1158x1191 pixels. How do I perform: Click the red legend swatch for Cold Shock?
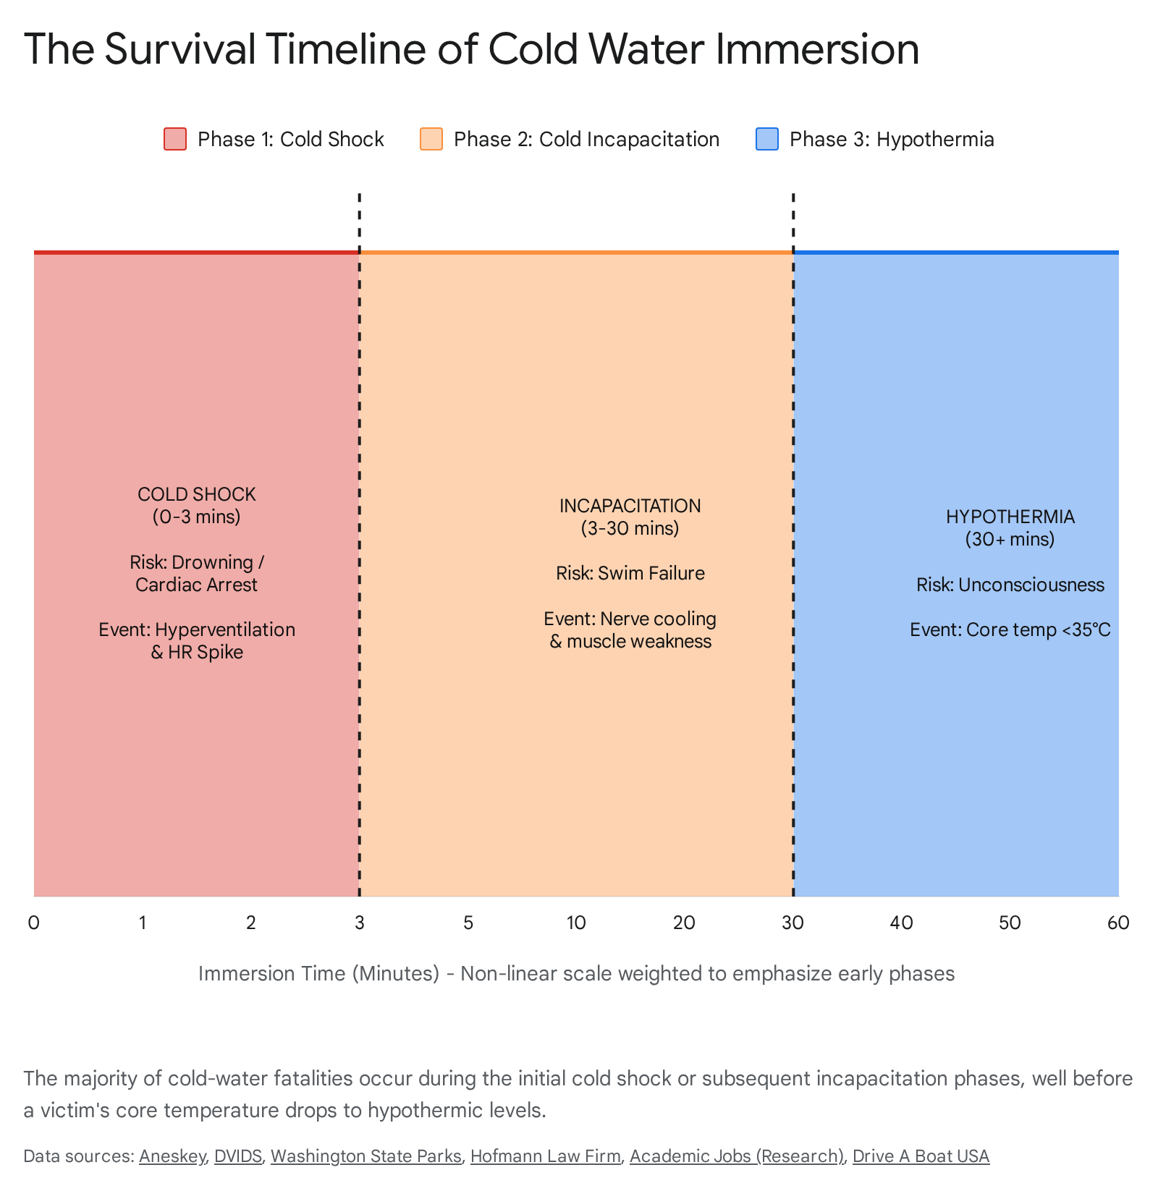[175, 139]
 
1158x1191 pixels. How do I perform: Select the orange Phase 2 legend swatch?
[431, 139]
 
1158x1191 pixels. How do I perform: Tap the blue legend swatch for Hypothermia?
[767, 139]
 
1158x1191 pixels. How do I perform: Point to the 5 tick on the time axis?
[468, 923]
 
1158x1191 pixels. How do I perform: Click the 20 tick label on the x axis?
[685, 923]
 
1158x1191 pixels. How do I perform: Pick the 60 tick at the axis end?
[1118, 923]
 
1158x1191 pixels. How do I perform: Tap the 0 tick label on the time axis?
[34, 923]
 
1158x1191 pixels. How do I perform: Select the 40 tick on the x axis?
[902, 923]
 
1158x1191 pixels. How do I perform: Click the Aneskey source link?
[172, 1156]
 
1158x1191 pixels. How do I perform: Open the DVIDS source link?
[238, 1156]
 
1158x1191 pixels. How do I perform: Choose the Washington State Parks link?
[366, 1156]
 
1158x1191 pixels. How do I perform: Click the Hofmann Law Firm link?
[546, 1156]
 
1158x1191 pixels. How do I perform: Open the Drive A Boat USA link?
[921, 1156]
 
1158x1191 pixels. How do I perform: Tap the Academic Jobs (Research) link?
[737, 1156]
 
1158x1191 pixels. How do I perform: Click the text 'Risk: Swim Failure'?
[630, 574]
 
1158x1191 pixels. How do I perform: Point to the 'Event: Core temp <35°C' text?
[1010, 630]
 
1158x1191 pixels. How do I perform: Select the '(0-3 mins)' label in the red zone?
[197, 517]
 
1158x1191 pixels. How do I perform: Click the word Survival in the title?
[180, 49]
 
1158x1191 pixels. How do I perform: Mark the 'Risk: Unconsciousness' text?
[1010, 585]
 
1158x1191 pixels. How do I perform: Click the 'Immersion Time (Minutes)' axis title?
[319, 974]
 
